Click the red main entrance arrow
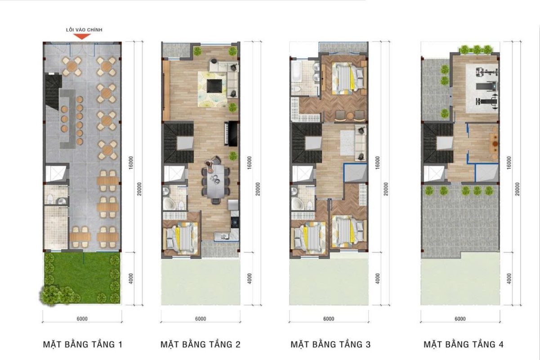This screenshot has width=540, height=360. coord(82,36)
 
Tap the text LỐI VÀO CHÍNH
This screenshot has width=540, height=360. coord(84,30)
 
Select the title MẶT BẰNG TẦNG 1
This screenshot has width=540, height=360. coord(82,344)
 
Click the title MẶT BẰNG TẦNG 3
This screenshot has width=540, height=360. coord(330,344)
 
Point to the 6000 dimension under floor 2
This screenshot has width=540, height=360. coord(201,319)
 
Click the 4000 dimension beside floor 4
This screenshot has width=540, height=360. coord(509,279)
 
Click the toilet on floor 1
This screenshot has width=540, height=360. coord(50,198)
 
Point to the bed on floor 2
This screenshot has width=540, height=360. coord(181,237)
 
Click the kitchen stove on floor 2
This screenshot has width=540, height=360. coord(235,222)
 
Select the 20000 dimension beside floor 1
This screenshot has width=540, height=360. coord(139,189)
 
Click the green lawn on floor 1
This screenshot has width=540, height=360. coord(82,278)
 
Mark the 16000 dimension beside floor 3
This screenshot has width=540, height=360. coord(378,162)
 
